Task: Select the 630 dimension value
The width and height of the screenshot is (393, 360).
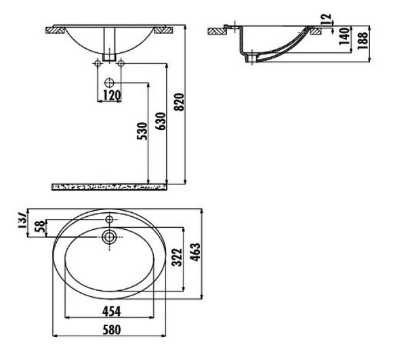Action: click(161, 119)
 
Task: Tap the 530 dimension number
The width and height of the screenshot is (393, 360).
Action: click(142, 131)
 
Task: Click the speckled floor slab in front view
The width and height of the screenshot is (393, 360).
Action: click(108, 185)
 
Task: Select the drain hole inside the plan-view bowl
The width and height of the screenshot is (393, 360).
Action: click(109, 237)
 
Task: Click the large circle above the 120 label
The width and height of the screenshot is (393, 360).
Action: click(110, 82)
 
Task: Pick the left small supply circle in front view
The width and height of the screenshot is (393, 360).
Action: click(99, 64)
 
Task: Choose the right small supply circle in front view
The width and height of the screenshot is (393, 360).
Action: click(121, 64)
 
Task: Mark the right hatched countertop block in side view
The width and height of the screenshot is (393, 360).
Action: click(315, 30)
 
